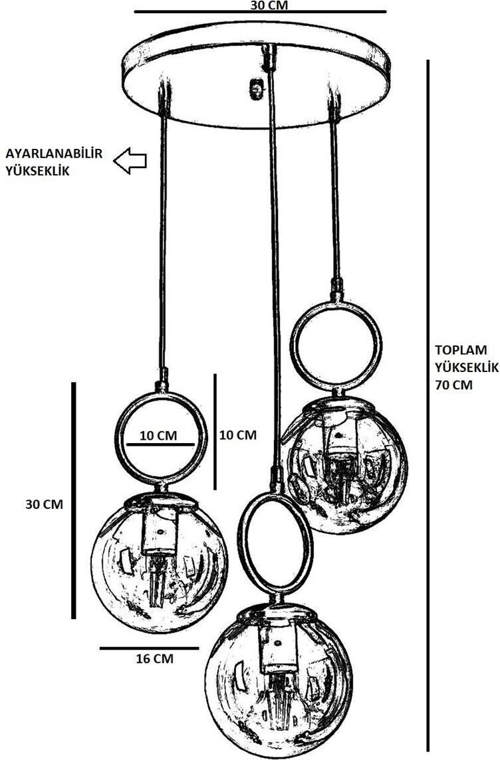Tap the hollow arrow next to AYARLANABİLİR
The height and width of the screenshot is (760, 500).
(130, 161)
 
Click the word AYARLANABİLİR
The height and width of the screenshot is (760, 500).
(54, 154)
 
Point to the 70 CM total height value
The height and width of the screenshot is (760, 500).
(454, 384)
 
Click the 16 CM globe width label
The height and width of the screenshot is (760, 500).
(154, 659)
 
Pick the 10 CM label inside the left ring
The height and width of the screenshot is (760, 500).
(158, 435)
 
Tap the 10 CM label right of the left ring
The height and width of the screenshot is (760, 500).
(237, 435)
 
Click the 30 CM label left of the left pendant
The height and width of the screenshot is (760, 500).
(44, 504)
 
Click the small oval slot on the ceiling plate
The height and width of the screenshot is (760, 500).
(255, 88)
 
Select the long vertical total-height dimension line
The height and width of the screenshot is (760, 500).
(428, 405)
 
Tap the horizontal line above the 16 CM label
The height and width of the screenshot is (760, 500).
(149, 648)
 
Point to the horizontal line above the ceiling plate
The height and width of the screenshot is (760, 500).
(260, 12)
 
